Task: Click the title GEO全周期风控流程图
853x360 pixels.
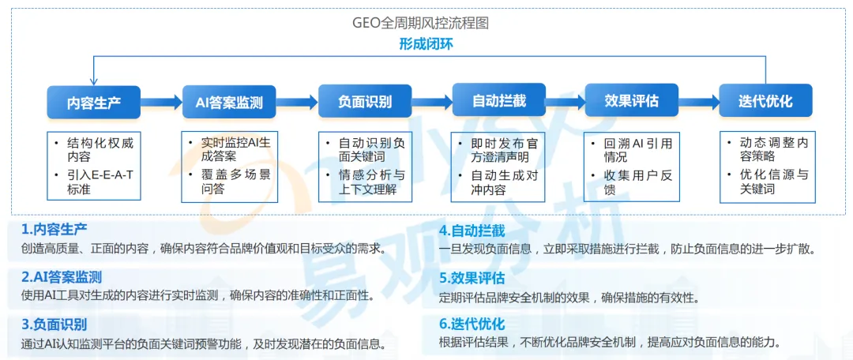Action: (x=420, y=23)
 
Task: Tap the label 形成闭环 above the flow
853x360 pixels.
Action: (x=426, y=44)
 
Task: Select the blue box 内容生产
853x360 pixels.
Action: (x=93, y=102)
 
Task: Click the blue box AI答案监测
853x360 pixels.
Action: (x=229, y=102)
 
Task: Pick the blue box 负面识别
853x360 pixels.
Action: (x=364, y=102)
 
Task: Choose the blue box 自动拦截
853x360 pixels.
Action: (x=498, y=101)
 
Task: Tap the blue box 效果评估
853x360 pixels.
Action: (x=631, y=101)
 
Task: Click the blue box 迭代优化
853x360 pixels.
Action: (x=765, y=101)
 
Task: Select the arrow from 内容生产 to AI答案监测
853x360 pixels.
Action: (x=161, y=102)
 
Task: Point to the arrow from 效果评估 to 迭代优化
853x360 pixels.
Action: (x=698, y=101)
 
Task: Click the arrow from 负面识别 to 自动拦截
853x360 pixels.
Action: (x=431, y=102)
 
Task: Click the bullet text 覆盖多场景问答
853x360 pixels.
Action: (x=235, y=181)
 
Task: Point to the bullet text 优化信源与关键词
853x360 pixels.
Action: (x=773, y=182)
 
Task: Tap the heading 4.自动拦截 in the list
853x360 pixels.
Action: (x=472, y=231)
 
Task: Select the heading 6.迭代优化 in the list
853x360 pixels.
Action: (x=472, y=324)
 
